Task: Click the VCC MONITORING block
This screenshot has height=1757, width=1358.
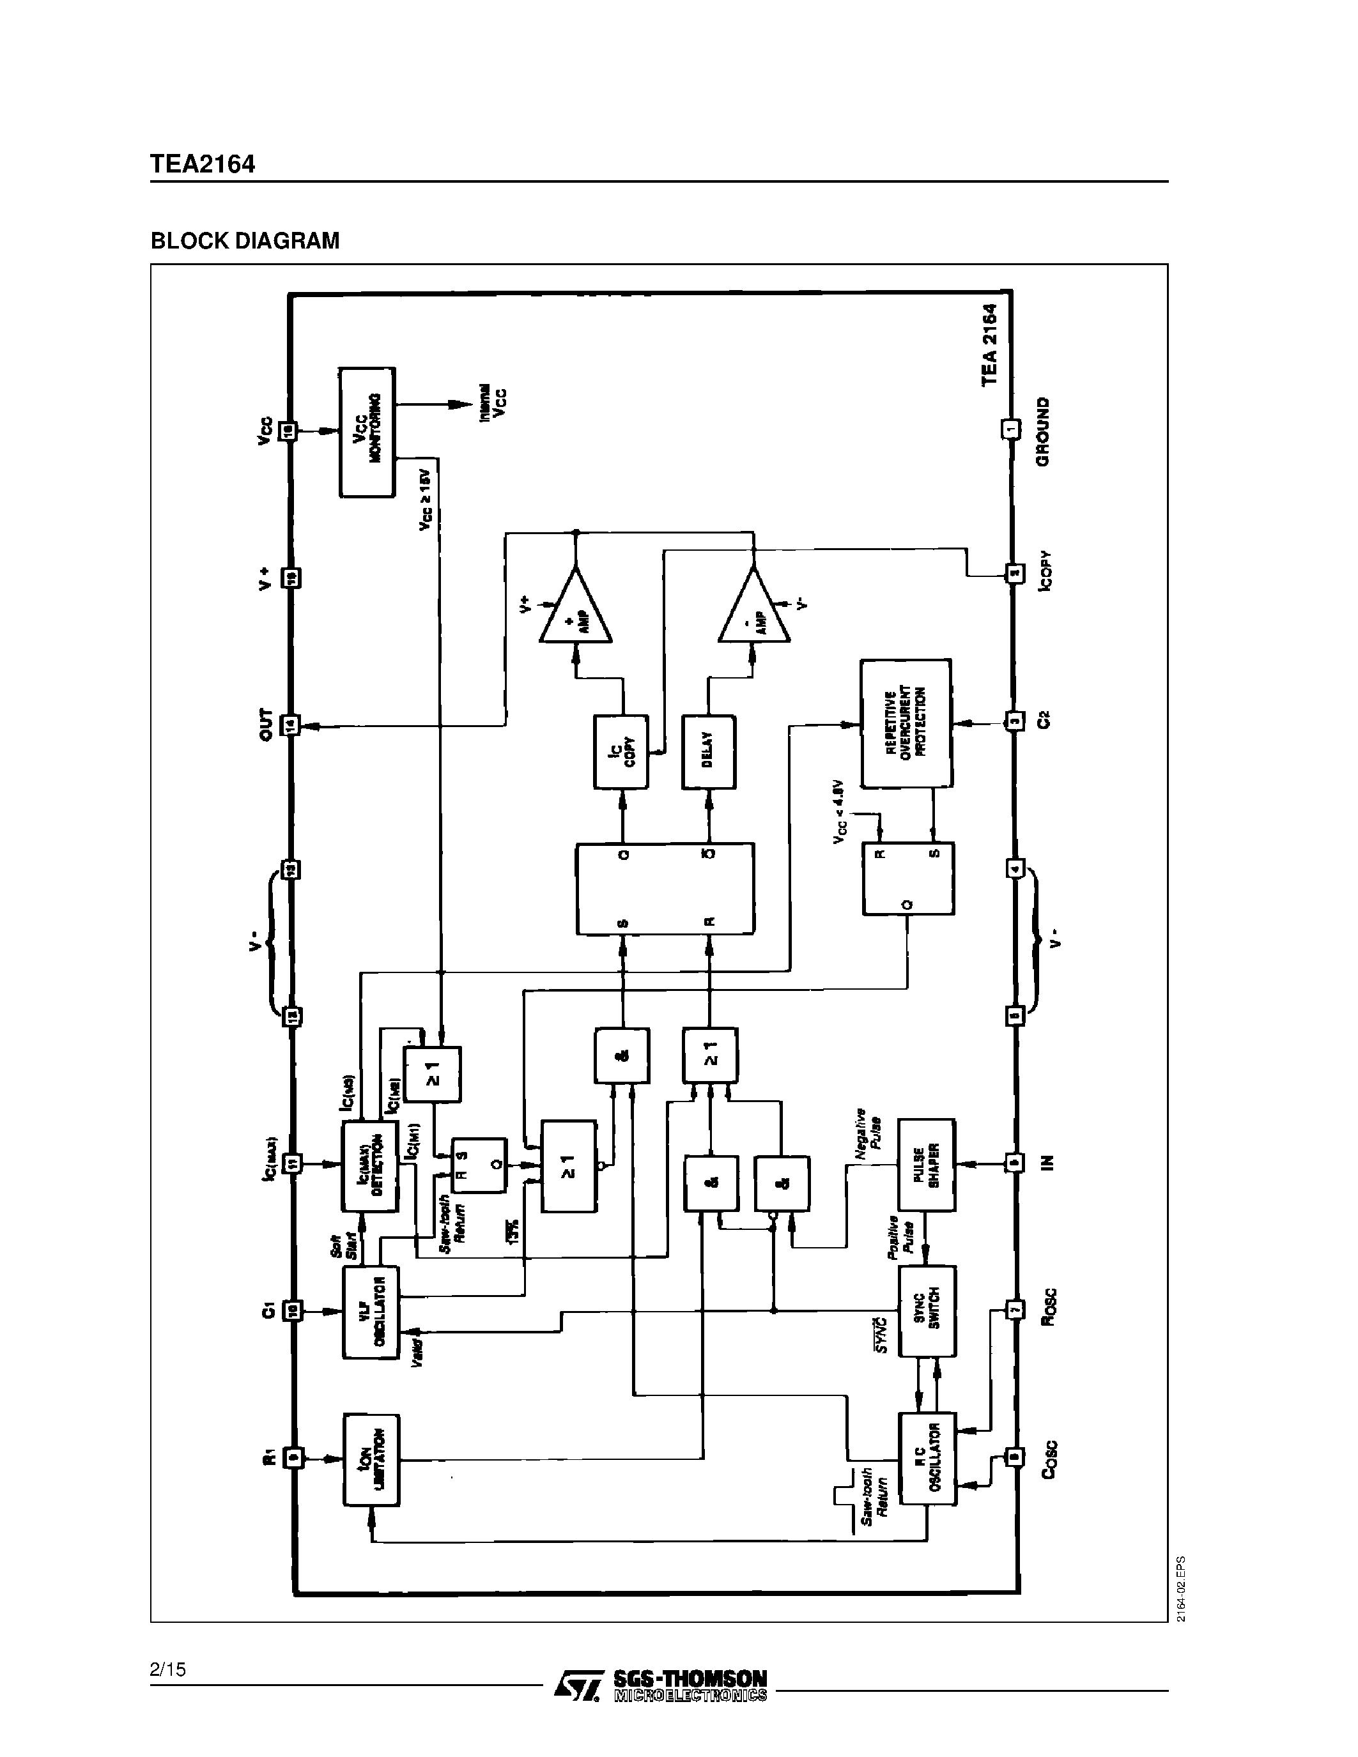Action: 367,432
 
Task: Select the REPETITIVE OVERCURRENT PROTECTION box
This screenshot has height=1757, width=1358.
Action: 906,723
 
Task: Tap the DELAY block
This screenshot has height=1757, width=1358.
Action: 709,752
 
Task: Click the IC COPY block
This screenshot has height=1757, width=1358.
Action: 621,752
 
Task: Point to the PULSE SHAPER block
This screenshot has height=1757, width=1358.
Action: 927,1164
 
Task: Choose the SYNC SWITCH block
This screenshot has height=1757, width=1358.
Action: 927,1311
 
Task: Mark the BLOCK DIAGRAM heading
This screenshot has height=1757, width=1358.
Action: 245,240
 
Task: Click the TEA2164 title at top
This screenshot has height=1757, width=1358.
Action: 202,164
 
